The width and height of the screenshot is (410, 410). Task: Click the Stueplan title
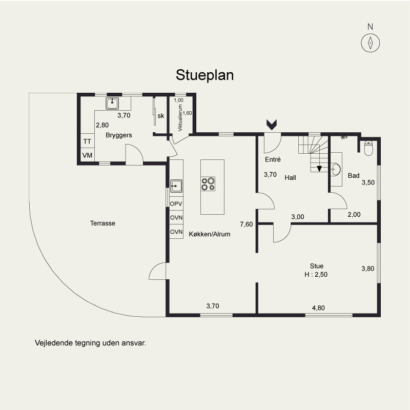pos(204,75)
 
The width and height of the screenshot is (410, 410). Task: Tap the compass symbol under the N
pos(370,43)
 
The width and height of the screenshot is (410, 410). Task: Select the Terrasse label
pos(102,223)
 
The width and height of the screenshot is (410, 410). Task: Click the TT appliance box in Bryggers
pos(87,141)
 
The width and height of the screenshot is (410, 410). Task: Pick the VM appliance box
pos(87,155)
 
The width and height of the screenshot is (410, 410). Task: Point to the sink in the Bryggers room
pos(112,104)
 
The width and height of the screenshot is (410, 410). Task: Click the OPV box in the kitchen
pos(176,203)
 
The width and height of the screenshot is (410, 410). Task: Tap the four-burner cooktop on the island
pos(208,184)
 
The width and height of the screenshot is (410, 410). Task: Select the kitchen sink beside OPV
pos(176,186)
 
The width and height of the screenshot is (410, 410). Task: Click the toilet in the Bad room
pos(368,148)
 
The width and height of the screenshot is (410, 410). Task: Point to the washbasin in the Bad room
pos(336,170)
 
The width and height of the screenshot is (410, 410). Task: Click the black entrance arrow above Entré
pos(272,125)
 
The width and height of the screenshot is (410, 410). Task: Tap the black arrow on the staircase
pos(319,169)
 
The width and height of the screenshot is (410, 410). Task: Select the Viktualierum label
pos(180,118)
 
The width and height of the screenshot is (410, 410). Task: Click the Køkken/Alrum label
pos(210,234)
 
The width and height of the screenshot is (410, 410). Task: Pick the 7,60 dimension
pos(247,224)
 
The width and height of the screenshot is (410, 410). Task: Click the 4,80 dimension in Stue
pos(318,308)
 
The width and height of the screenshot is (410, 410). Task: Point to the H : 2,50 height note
pos(316,275)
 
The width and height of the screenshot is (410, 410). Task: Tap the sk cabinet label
pos(161,116)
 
